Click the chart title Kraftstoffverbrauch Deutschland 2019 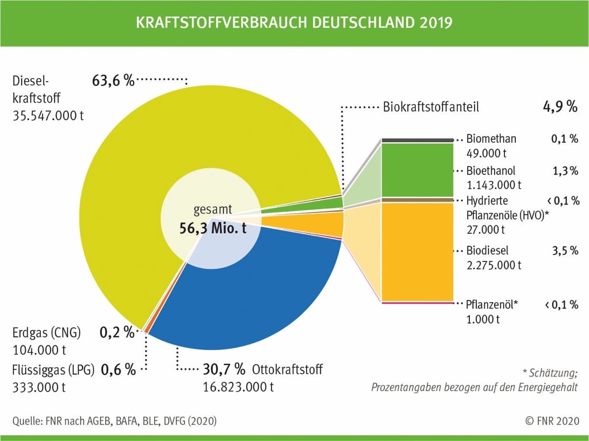294,22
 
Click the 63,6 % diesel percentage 113,81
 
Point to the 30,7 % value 224,368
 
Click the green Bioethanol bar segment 418,170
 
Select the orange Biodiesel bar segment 418,250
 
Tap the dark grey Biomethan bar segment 418,140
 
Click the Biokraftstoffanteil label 431,107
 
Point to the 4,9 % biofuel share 559,107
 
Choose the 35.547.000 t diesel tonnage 48,115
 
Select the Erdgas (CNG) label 47,333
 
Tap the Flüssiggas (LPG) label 55,369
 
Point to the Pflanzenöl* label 492,305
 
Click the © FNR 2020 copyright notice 551,421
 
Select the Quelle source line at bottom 114,421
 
